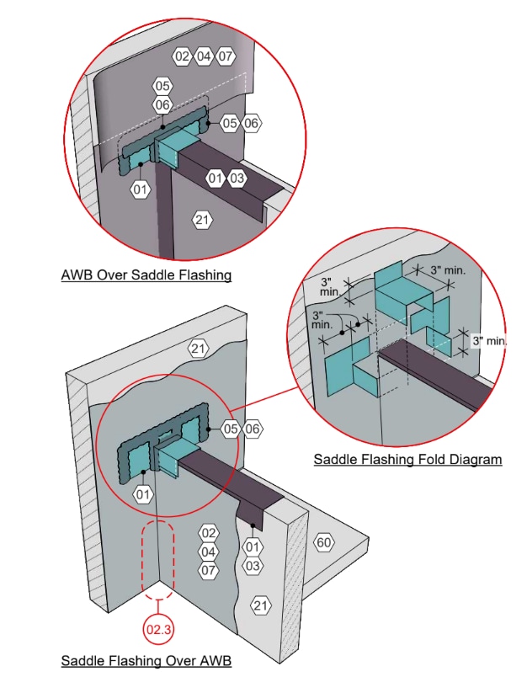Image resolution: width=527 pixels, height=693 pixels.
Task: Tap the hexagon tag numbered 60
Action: pos(323,542)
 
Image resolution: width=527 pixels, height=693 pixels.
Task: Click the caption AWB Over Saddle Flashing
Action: pos(146,275)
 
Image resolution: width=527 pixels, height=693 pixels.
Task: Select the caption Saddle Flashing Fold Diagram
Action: pos(407,460)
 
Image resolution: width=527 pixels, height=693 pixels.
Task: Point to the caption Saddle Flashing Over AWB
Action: pos(146,660)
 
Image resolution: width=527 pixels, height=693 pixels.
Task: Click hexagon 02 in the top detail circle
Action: pos(183,56)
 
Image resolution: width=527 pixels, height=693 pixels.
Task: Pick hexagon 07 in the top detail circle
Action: pos(225,56)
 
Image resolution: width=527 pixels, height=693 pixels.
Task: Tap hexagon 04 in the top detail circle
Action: pos(204,56)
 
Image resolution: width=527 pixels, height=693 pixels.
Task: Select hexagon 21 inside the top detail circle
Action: pos(202,221)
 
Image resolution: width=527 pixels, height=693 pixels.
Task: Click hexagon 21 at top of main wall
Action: pos(198,348)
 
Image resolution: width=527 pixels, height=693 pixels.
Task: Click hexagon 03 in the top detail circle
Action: pos(237,179)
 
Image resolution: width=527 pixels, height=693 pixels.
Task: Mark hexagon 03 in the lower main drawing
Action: pos(253,566)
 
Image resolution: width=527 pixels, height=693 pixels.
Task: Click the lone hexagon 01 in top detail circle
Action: pos(140,190)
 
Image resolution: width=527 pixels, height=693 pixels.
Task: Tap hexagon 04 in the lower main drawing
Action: pos(209,552)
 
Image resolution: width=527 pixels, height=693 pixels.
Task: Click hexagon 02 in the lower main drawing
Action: pos(209,533)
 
